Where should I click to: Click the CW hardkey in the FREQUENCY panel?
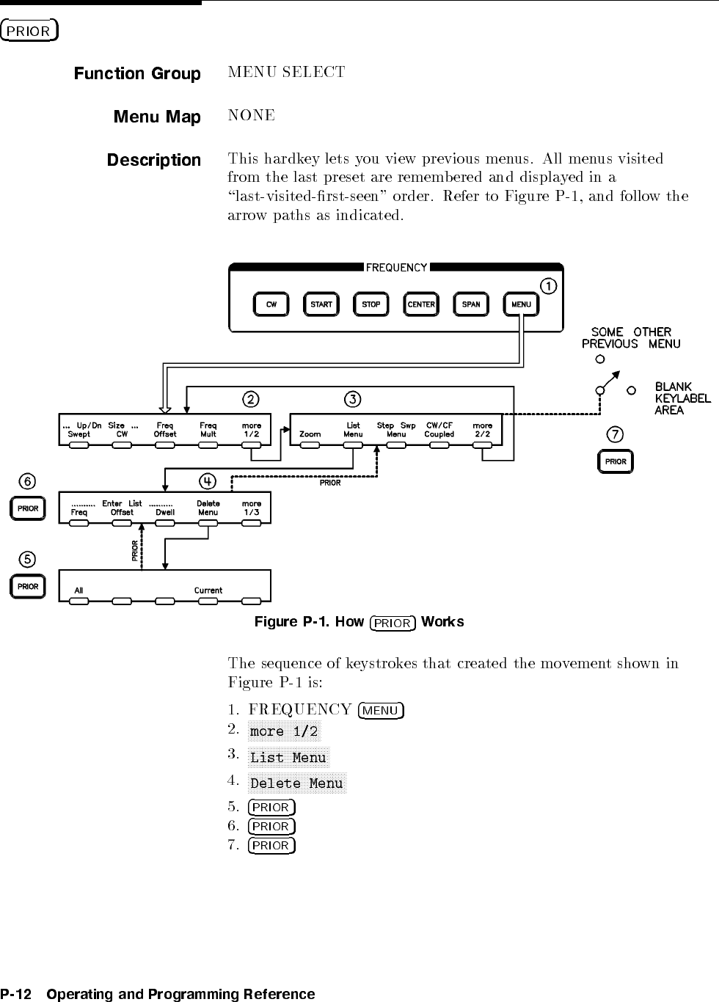click(271, 304)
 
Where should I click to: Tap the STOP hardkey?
click(371, 304)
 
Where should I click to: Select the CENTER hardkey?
click(421, 304)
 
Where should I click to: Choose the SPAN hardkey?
click(471, 304)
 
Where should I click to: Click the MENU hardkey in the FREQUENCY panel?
click(521, 304)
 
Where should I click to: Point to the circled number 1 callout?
click(548, 285)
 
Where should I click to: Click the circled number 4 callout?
click(208, 481)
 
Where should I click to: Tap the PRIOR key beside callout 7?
click(616, 461)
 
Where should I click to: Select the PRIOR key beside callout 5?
click(28, 587)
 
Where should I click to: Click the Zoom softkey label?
click(310, 434)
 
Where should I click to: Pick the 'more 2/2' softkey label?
click(483, 430)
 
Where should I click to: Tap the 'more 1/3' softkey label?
click(252, 508)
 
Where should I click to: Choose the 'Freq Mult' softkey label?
click(208, 430)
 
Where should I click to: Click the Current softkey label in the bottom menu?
click(208, 590)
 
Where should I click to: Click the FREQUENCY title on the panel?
click(396, 268)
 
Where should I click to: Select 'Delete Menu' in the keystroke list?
click(296, 783)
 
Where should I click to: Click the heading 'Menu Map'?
click(157, 117)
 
